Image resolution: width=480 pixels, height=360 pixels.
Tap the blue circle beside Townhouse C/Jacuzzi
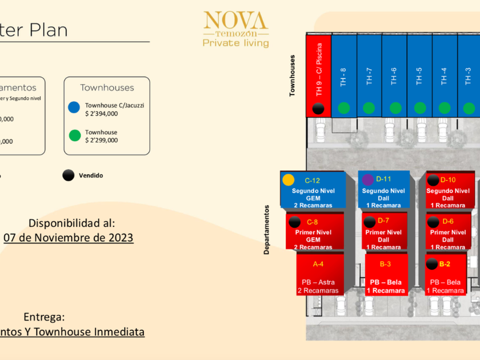point(74,107)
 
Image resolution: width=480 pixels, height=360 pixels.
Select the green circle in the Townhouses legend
point(74,135)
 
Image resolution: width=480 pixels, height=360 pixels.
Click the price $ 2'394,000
point(102,114)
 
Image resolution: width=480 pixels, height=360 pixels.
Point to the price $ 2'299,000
point(102,140)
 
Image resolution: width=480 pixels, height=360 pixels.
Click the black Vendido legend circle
point(69,175)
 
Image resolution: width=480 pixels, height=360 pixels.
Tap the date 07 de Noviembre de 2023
point(69,237)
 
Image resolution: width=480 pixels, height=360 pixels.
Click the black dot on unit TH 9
point(319,108)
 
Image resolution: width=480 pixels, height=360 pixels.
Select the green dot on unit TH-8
point(343,107)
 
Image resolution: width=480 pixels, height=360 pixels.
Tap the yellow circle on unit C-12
point(289,180)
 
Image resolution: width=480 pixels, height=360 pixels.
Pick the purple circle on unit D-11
point(368,180)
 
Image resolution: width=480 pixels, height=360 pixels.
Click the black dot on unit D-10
point(433,180)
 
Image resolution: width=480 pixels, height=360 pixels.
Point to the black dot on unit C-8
point(295,222)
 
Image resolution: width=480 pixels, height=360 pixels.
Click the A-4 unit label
point(318,264)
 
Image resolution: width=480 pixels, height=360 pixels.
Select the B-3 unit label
point(386,264)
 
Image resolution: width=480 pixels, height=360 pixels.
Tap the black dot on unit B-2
point(432,264)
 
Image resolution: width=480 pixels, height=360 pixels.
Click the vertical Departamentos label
point(267,230)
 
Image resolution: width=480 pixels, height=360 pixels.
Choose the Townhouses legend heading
point(107,87)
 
